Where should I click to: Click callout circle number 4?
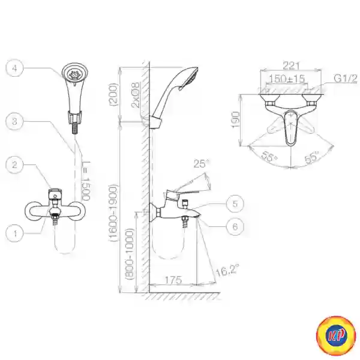tap(14, 68)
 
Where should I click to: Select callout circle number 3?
tap(14, 121)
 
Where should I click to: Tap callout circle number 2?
tap(14, 164)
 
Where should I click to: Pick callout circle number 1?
tap(14, 233)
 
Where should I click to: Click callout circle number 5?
tap(235, 203)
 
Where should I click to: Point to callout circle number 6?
tap(235, 227)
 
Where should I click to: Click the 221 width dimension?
tap(291, 65)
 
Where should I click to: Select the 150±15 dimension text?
tap(287, 79)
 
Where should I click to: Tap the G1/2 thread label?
tap(346, 79)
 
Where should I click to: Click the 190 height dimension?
tap(236, 120)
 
